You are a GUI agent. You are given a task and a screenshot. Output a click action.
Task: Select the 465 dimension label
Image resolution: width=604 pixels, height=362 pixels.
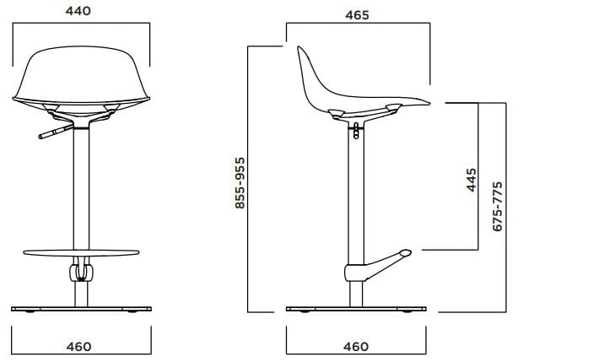click(x=356, y=14)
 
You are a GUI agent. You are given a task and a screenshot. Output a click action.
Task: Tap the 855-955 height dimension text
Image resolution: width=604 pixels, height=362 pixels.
click(x=240, y=182)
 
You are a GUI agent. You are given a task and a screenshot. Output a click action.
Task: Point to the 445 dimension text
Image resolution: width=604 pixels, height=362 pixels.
click(x=472, y=180)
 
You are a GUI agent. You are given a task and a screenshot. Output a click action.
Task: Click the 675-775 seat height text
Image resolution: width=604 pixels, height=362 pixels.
click(x=498, y=205)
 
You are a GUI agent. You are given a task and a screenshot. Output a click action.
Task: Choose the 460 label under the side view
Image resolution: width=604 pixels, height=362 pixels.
click(x=356, y=347)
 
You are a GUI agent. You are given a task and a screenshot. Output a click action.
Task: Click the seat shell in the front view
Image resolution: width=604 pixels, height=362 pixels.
click(x=81, y=76)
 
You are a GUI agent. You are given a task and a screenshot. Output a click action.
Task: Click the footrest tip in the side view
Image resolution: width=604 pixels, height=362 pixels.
click(x=405, y=251)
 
